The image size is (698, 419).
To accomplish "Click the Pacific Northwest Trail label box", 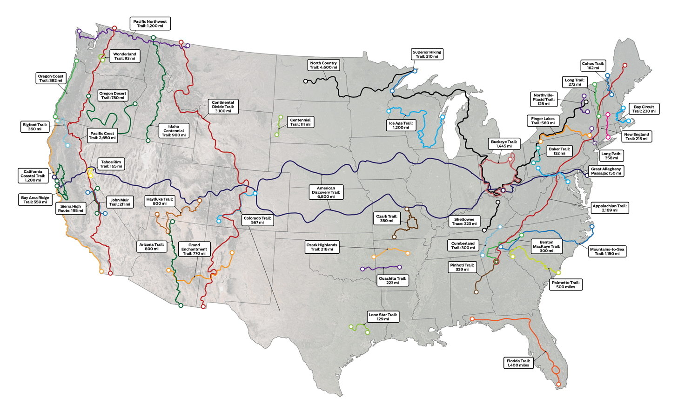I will (x=150, y=24).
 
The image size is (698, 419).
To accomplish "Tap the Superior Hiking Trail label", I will (x=427, y=54).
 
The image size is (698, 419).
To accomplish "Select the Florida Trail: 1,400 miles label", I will (x=518, y=363).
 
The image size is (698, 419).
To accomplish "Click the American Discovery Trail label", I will (x=326, y=192).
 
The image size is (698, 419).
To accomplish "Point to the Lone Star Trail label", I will (x=383, y=317).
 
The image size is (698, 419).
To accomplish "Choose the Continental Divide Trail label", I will (x=223, y=107).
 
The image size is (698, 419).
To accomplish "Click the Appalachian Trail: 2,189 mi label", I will (x=609, y=208).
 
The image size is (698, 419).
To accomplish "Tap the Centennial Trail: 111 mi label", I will (x=300, y=122).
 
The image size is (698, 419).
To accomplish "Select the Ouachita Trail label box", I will (x=392, y=281).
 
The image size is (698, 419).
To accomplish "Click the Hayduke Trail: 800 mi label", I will (x=160, y=201).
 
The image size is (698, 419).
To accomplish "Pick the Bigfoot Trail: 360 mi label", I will (x=35, y=127).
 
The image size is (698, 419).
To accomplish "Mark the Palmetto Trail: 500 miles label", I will (x=565, y=284).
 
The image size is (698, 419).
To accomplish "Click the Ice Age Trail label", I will (x=401, y=125).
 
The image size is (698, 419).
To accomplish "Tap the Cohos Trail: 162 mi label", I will (x=593, y=66).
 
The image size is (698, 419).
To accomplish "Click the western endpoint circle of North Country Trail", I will (x=306, y=81).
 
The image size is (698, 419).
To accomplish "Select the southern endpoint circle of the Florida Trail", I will (x=558, y=384).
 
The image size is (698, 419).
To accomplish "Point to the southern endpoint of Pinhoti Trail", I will (x=476, y=292).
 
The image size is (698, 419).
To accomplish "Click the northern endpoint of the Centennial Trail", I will (x=281, y=117).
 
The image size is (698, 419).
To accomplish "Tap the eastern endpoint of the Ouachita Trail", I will (x=399, y=267).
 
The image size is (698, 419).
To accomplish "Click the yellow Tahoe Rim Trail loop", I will (x=90, y=172).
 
